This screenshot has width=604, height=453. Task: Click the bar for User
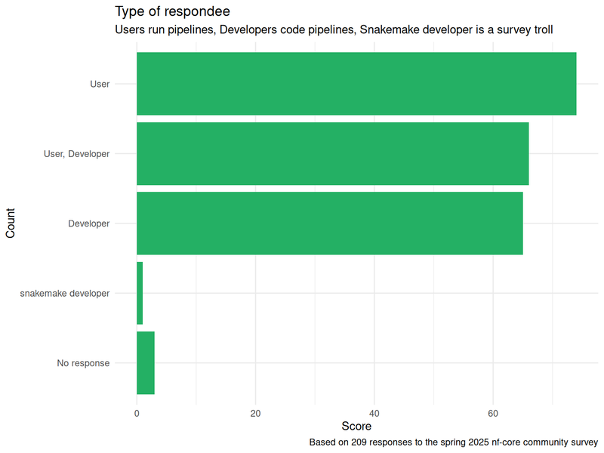click(356, 84)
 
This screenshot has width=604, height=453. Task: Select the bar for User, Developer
click(332, 153)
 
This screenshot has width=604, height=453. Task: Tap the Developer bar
click(329, 223)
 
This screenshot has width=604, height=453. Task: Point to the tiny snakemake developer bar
click(140, 293)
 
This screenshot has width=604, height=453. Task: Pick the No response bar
click(146, 363)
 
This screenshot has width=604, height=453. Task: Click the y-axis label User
click(100, 84)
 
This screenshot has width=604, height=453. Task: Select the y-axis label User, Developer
click(77, 154)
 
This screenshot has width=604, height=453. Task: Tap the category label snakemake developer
click(65, 293)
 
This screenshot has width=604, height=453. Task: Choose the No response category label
click(83, 363)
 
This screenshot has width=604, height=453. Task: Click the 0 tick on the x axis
click(137, 413)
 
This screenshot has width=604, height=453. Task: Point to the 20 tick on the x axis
click(255, 413)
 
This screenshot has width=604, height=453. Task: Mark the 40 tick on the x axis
click(374, 413)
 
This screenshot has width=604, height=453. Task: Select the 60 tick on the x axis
click(493, 413)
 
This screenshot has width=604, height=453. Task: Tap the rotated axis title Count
click(11, 223)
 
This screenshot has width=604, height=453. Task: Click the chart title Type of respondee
click(172, 11)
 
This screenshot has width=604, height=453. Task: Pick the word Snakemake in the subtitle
click(387, 30)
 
